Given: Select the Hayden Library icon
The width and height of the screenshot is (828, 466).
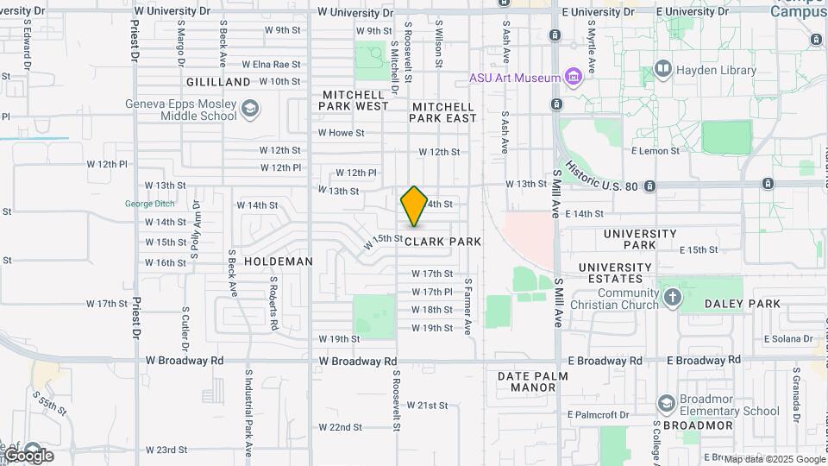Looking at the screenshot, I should pos(663,69).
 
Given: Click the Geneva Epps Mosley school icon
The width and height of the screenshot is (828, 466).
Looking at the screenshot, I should pos(249,109).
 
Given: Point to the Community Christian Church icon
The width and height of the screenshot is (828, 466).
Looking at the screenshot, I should pos(673,299).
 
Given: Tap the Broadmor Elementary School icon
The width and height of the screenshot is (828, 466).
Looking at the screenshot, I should pos(665,404).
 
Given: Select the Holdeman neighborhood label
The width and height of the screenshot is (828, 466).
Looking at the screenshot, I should pos(278,261).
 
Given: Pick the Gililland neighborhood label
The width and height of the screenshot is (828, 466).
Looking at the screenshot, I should pos(217,82).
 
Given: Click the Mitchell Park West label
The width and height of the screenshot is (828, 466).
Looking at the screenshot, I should pos(354,100).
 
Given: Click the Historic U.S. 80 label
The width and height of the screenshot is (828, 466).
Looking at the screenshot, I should pos(602,175).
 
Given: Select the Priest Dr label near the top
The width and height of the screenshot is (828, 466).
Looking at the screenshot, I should pos(135,43).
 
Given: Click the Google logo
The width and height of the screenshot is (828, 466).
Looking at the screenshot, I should pos(28,455).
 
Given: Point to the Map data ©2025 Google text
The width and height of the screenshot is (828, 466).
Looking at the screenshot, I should pos(774,459).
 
